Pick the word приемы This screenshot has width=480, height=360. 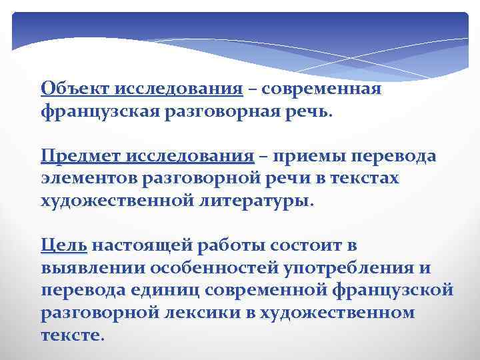311,157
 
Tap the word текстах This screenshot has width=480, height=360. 365,179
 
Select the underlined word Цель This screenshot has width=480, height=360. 63,246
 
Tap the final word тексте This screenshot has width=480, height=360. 71,335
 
